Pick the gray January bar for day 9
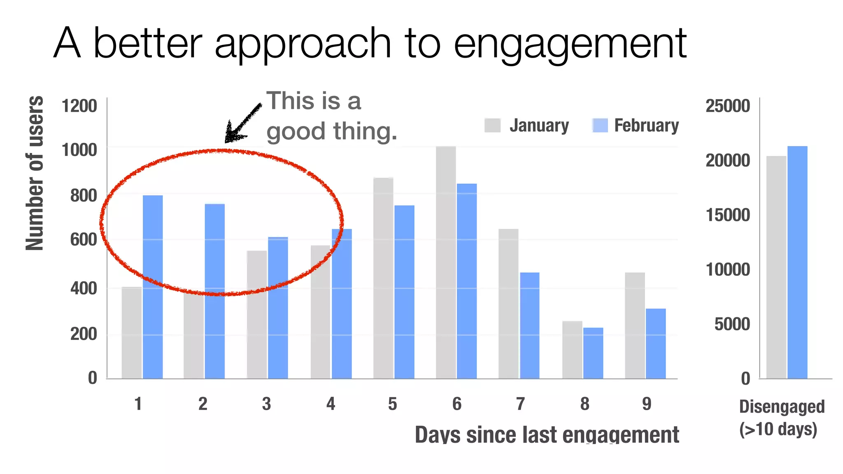tap(635, 325)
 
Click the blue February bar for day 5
tap(404, 292)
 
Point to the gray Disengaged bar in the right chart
tap(776, 267)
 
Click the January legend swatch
tap(492, 125)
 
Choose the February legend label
tap(646, 125)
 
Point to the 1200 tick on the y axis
tap(79, 106)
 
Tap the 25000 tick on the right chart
tap(728, 106)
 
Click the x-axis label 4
tap(331, 404)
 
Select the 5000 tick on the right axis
tap(732, 324)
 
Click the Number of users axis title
tap(35, 173)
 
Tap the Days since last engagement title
tap(547, 435)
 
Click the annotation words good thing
tap(332, 132)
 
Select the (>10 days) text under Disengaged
tap(778, 429)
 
